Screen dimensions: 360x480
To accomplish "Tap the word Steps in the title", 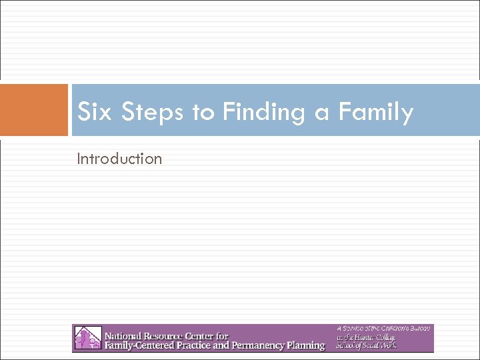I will tap(154, 112).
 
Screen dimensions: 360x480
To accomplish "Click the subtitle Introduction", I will tap(119, 159).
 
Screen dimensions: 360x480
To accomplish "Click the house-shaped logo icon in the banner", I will tap(87, 338).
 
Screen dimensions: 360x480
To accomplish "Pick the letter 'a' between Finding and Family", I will tap(323, 112).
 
